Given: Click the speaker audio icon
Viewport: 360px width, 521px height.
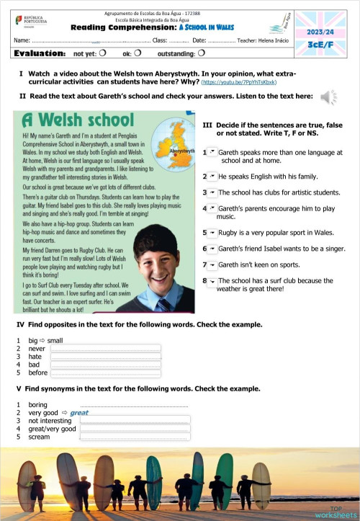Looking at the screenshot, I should tap(328, 97).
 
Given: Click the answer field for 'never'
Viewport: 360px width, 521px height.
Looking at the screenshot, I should tap(105, 349).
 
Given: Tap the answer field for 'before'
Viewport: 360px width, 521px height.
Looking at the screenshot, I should tap(105, 373).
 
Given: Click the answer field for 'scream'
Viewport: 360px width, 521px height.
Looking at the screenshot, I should tap(135, 437).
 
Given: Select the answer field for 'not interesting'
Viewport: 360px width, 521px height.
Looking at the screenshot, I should tap(135, 420).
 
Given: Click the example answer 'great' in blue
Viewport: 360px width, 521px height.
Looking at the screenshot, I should tap(79, 412).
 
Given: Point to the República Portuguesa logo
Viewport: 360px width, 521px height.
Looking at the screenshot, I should tap(28, 20).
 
